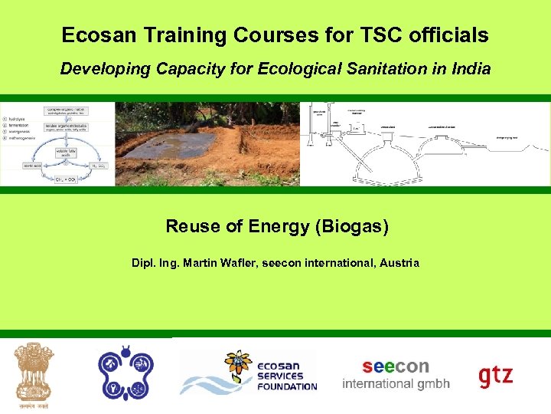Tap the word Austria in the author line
click(x=399, y=263)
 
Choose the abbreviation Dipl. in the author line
click(x=144, y=263)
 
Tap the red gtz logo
click(x=496, y=376)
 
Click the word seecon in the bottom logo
click(x=396, y=366)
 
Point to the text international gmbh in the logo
click(x=396, y=383)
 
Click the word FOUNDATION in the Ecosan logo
click(x=287, y=386)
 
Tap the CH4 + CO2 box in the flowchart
click(x=67, y=179)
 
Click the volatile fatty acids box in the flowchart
click(x=66, y=153)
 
